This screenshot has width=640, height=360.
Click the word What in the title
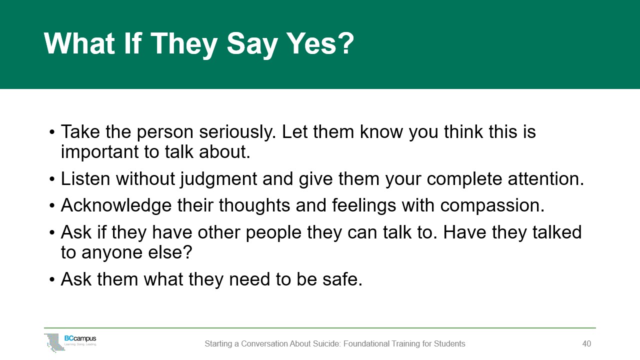point(79,43)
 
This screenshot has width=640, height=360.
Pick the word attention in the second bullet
point(545,179)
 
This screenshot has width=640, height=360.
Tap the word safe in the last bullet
point(342,279)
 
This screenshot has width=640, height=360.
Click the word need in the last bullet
point(249,279)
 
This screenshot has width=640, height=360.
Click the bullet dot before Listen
point(51,179)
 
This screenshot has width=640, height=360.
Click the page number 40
point(586,343)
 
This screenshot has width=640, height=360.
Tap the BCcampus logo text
point(80,338)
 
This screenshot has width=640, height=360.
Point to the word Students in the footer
point(449,343)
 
